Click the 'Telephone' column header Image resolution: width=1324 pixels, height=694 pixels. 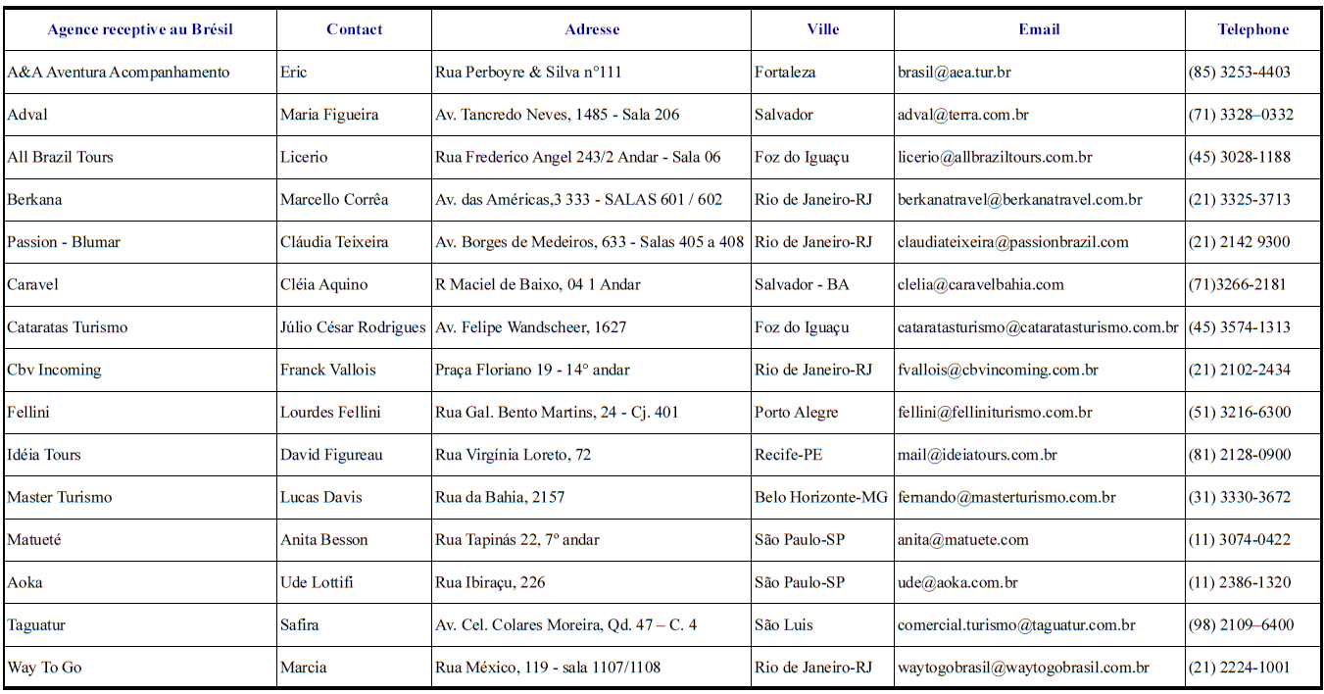point(1252,29)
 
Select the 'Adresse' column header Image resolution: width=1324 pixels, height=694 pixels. point(592,29)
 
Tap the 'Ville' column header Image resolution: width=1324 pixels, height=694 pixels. point(822,29)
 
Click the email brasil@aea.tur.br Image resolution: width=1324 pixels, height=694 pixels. point(955,73)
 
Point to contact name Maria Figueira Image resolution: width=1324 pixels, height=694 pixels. point(329,115)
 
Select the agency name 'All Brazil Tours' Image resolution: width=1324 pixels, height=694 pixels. point(60,157)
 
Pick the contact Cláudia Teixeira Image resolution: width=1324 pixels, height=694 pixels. point(334,242)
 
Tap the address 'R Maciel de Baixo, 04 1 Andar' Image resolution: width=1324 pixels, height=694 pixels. point(537,285)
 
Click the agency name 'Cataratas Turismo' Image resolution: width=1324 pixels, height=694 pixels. point(67,327)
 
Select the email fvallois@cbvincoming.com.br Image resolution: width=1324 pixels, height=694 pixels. point(998,371)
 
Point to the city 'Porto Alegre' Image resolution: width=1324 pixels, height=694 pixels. point(796,413)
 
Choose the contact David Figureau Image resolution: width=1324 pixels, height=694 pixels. point(331,455)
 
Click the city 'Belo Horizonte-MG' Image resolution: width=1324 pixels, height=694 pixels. point(821,498)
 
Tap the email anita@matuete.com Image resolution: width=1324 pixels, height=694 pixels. point(963,540)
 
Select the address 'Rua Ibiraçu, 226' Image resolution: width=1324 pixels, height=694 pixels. point(490,583)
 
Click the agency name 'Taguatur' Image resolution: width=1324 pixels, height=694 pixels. point(36,625)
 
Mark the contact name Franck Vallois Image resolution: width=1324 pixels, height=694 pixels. point(327,371)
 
